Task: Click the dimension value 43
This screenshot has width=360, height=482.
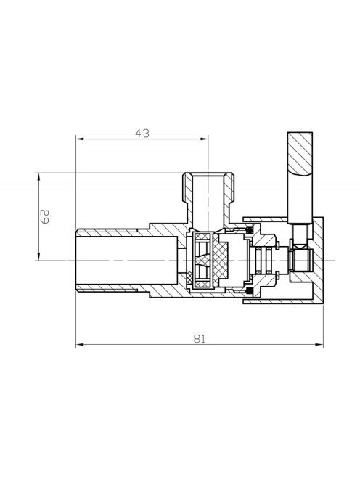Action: click(x=142, y=133)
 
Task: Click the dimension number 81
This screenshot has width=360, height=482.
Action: click(x=199, y=338)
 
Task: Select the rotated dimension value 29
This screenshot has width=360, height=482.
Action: click(x=44, y=216)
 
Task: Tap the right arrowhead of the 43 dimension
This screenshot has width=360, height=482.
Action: click(x=205, y=139)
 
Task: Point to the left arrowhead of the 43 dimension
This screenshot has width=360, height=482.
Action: click(x=80, y=139)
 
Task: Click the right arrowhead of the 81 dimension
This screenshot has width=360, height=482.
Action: click(x=319, y=345)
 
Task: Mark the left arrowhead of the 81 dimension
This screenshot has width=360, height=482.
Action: click(x=80, y=345)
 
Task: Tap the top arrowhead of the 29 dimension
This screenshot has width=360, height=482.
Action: click(x=38, y=177)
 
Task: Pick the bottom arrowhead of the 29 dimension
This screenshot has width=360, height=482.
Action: click(x=38, y=256)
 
